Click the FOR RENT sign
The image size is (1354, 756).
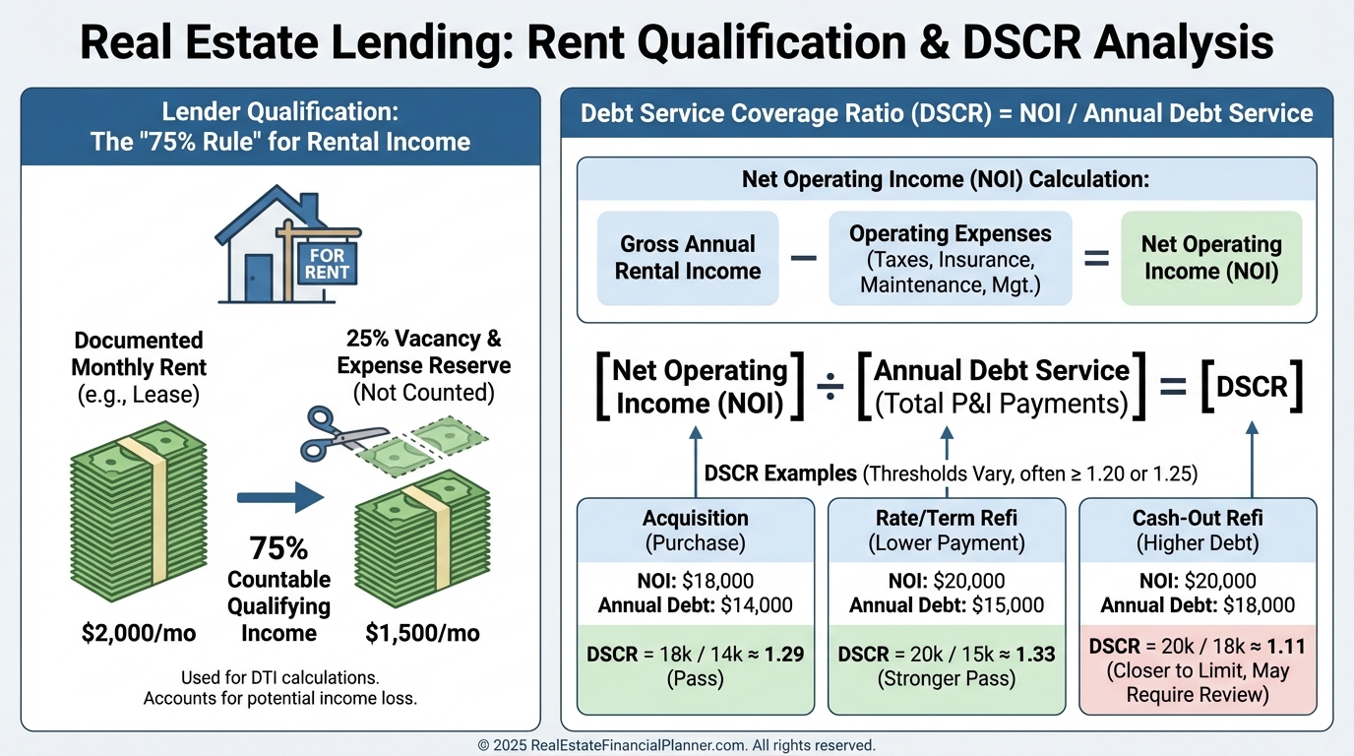pos(327,264)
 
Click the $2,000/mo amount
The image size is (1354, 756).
pos(139,633)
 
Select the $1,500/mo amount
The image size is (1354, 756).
pos(422,633)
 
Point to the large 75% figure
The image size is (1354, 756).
pos(278,548)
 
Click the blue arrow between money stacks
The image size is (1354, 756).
pos(280,497)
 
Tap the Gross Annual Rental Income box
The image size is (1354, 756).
pos(688,258)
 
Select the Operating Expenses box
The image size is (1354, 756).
pos(951,258)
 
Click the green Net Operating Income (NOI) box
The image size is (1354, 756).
pos(1211,258)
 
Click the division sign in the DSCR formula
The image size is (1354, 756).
pos(831,387)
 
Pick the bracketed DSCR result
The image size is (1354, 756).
pos(1252,387)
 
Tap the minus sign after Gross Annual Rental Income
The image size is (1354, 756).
pos(803,258)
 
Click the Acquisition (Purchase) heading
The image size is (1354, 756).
pos(695,531)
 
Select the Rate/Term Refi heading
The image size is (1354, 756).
pos(947,531)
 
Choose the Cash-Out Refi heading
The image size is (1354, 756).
pos(1198,531)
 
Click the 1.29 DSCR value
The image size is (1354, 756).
pos(784,655)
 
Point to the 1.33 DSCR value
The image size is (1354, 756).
pos(1035,655)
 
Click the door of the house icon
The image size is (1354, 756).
pos(259,279)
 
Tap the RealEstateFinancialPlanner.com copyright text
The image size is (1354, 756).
pos(676,745)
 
